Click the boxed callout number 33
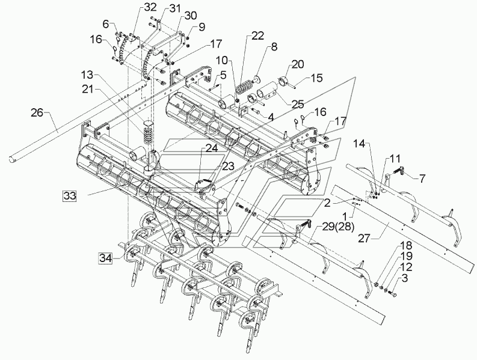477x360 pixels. [69, 196]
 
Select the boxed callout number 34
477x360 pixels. [105, 258]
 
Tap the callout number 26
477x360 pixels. [37, 112]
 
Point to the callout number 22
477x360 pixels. [257, 35]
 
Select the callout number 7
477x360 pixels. [422, 178]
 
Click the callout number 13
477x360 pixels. [88, 75]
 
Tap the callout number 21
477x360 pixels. [88, 89]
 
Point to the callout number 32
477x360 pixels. [150, 7]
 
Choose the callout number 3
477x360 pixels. [404, 278]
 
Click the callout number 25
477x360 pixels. [297, 104]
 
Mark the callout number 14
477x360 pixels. [360, 143]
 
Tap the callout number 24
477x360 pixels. [212, 148]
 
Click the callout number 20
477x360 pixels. [298, 64]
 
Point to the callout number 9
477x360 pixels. [202, 27]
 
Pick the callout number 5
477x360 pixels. [224, 75]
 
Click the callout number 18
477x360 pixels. [406, 246]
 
